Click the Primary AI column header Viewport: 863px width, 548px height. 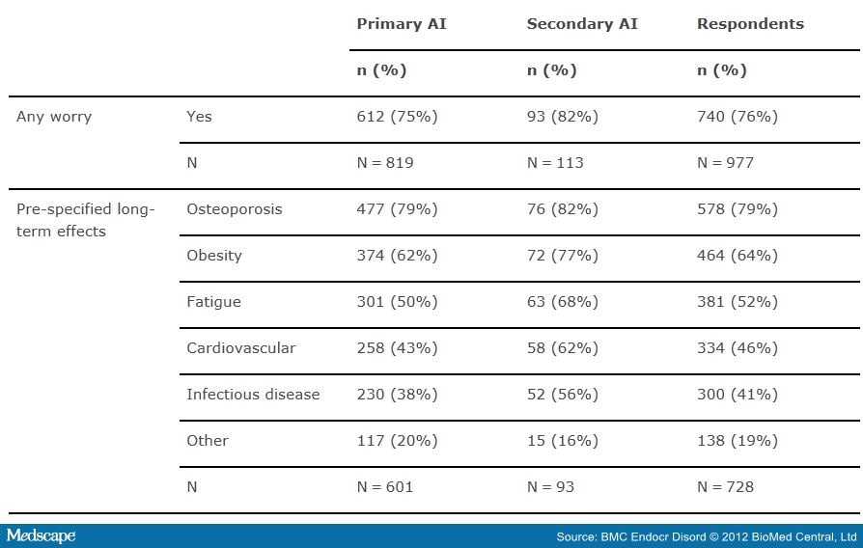pos(402,24)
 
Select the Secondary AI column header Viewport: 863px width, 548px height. pos(583,24)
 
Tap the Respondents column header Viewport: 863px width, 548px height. pos(750,24)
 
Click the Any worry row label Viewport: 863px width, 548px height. pos(54,117)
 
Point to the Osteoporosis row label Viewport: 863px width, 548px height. pos(235,209)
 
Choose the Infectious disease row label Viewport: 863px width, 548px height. pos(253,394)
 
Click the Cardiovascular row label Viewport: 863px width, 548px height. pos(240,347)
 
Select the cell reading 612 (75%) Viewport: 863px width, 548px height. pos(397,117)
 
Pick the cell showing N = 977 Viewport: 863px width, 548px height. pos(725,163)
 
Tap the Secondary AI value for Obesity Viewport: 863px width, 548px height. pos(563,256)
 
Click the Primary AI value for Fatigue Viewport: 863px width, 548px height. pos(397,302)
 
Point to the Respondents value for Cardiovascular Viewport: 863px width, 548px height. pos(737,347)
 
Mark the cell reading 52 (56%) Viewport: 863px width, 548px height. pos(563,394)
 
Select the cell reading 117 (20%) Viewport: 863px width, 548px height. pos(397,440)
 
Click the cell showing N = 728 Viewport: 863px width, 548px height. pos(725,486)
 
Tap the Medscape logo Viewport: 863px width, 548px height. pos(41,535)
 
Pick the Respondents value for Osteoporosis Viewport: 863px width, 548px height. pos(737,209)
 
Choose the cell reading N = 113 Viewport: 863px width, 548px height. pos(555,163)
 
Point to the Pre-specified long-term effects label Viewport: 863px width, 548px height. pos(85,220)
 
